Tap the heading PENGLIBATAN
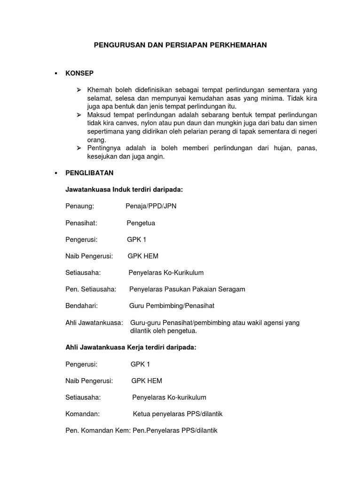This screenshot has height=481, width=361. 90,173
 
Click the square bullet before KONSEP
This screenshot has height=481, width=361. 56,73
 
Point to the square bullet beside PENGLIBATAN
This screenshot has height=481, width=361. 56,173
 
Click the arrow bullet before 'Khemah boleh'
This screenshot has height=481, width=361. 78,90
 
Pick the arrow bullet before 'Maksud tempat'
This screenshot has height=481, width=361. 78,115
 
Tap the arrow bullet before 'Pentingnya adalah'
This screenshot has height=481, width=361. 78,148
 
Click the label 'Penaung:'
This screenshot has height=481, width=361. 80,206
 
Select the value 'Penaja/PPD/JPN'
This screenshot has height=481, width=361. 151,206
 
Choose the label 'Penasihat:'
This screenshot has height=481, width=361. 81,223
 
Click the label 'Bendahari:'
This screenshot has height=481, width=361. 81,306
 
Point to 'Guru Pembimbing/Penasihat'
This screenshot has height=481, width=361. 172,306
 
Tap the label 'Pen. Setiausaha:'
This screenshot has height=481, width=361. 91,289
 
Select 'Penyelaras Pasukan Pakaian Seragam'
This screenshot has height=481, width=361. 187,289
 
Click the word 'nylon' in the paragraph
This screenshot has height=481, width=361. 142,124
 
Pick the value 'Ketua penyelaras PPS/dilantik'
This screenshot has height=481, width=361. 178,414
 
